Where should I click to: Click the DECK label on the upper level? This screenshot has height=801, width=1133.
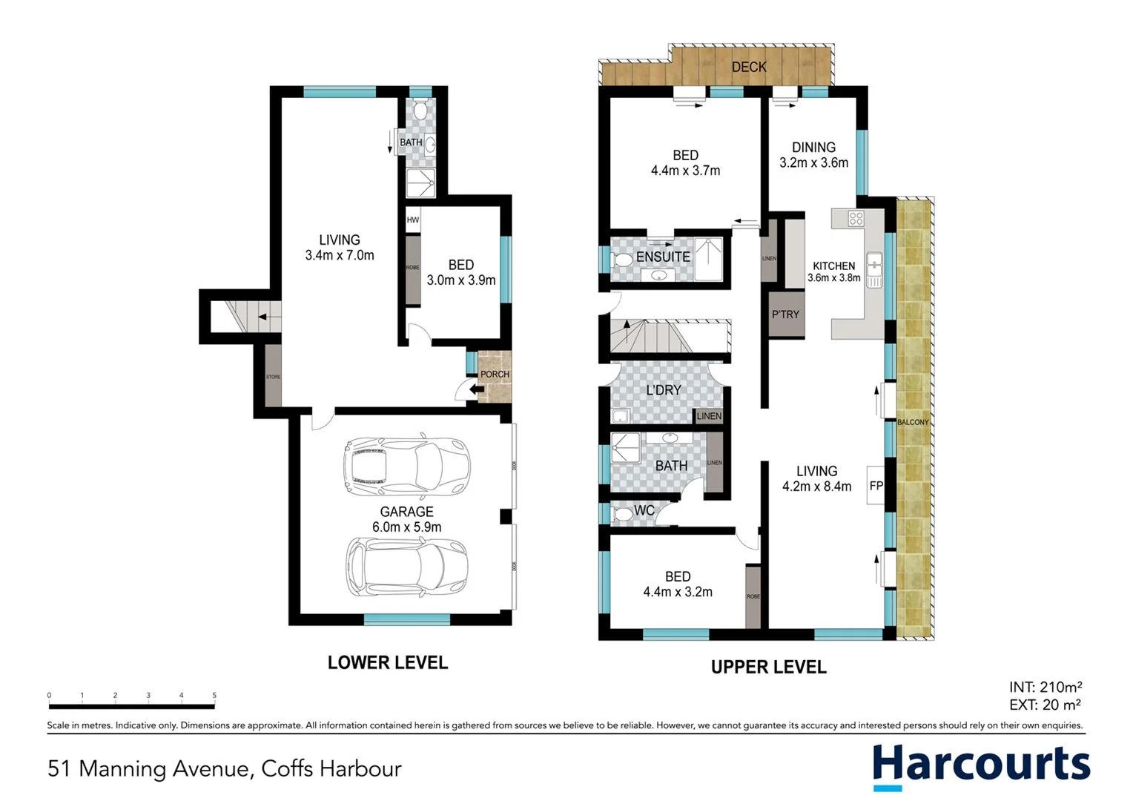click(748, 67)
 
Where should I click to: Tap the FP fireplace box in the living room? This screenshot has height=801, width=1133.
click(876, 486)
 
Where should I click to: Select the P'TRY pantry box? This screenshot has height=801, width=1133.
click(785, 314)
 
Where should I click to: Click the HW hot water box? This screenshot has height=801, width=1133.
click(413, 220)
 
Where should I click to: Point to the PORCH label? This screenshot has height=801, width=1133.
click(495, 374)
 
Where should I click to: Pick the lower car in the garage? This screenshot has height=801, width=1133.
click(406, 567)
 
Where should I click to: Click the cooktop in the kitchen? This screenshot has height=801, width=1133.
click(856, 218)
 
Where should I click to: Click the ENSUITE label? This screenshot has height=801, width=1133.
click(663, 257)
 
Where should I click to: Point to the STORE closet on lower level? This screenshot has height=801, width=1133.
click(273, 376)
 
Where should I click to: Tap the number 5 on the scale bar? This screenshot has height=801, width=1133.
click(214, 696)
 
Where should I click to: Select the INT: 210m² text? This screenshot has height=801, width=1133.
click(1045, 687)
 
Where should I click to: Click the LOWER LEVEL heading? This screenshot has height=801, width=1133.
click(388, 662)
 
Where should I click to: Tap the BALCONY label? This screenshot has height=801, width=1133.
click(913, 422)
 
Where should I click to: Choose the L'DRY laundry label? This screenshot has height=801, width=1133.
click(663, 390)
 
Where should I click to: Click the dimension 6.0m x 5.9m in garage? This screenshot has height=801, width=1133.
click(406, 527)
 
